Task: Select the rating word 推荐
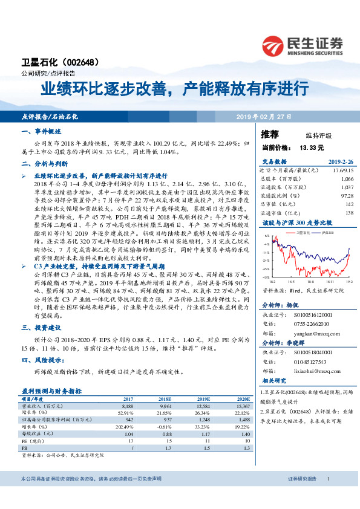(x=270, y=134)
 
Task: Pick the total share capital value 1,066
(x=346, y=180)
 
